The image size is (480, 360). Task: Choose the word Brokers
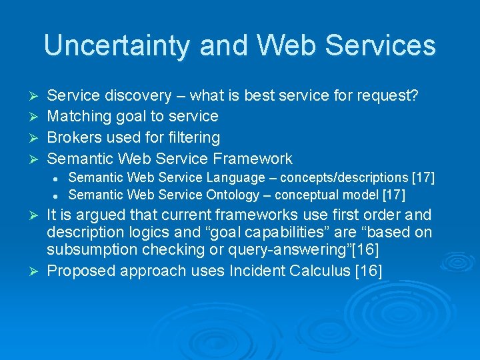[x=75, y=138]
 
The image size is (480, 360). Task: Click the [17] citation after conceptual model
[x=393, y=195]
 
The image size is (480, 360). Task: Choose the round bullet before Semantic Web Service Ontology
[x=60, y=195]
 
